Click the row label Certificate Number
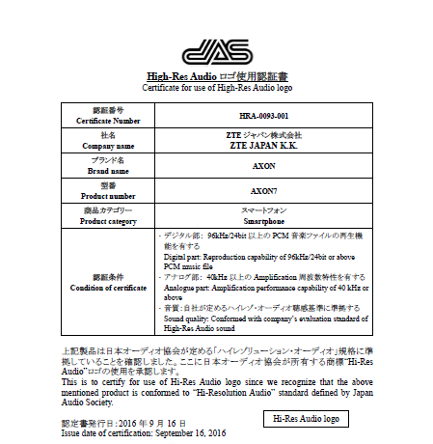[x=107, y=121]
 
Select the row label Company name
[x=107, y=146]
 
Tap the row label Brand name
[x=107, y=170]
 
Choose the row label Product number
[x=107, y=195]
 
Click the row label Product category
[x=107, y=220]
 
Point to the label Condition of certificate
[x=107, y=288]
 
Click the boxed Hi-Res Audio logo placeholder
[x=306, y=418]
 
